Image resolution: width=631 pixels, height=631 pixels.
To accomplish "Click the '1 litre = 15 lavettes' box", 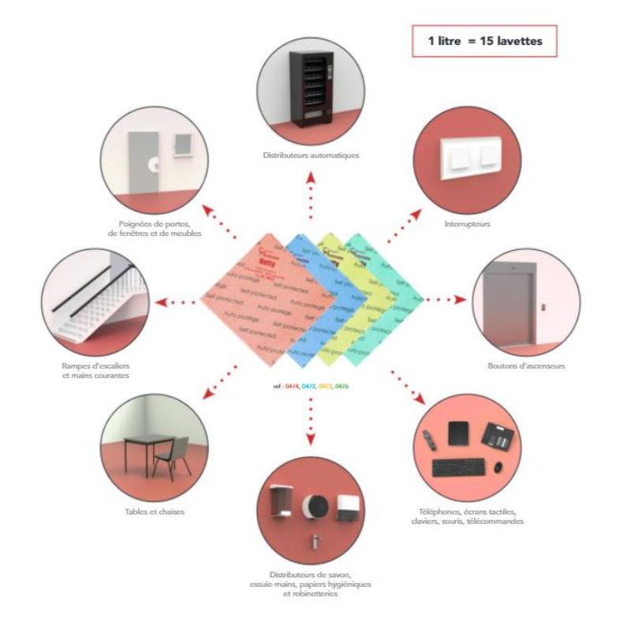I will [484, 41].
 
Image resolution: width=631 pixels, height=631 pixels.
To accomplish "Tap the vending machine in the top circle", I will [310, 89].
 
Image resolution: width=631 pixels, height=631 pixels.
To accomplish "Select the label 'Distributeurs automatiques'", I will [311, 155].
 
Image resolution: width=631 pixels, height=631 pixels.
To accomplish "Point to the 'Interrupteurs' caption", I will [468, 223].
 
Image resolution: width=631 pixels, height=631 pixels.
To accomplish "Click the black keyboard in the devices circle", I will [460, 466].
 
